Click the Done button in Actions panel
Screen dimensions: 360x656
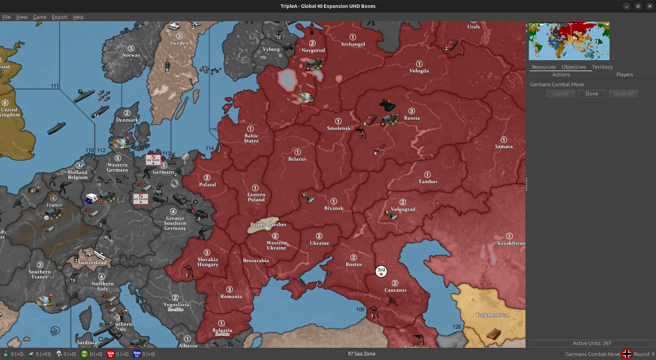(592, 94)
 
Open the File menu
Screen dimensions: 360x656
(6, 17)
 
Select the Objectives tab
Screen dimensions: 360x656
(574, 67)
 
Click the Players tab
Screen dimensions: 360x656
(624, 75)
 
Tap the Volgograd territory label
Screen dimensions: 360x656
(403, 209)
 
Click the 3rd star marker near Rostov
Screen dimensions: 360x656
(381, 271)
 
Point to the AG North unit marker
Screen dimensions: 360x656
(153, 160)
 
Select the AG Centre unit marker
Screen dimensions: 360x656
(141, 199)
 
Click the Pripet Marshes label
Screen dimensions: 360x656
(268, 225)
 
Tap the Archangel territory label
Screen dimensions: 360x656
(353, 44)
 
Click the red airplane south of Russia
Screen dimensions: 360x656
(379, 148)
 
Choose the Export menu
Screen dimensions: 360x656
(59, 17)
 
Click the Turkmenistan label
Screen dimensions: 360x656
(493, 315)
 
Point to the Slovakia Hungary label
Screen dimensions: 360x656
(208, 262)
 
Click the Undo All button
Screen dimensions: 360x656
(623, 94)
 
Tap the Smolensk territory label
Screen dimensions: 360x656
(339, 128)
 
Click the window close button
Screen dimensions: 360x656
(650, 6)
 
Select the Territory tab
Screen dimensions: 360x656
(602, 67)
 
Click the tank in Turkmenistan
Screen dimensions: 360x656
(493, 334)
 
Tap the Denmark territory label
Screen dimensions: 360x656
(127, 120)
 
